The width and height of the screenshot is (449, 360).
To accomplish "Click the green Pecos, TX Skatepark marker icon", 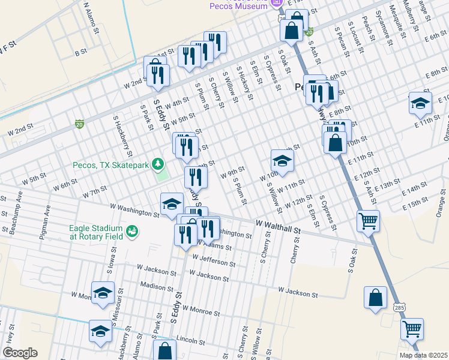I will [158, 163].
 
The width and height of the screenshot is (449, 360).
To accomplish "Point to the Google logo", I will [20, 353].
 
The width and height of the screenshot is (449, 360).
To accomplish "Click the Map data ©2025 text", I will [423, 355].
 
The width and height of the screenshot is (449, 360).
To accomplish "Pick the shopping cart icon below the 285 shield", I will [412, 328].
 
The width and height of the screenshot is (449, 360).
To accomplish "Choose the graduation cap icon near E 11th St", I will [420, 103].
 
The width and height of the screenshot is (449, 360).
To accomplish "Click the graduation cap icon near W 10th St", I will [282, 160].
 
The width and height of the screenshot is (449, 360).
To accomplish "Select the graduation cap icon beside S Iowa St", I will [103, 292].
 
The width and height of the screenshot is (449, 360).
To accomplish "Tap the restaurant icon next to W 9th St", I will [196, 176].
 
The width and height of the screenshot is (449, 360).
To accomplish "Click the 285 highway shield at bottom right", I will [405, 307].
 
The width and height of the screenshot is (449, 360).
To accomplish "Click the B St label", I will [80, 53].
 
